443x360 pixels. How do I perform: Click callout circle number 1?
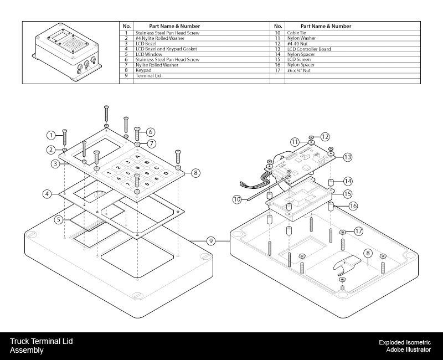51,135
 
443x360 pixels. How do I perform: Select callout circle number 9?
210,241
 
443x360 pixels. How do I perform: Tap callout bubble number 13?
348,157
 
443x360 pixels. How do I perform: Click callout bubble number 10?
237,198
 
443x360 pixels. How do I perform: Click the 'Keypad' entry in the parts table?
143,70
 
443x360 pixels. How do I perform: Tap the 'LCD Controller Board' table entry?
309,49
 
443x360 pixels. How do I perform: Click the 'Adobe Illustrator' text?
408,350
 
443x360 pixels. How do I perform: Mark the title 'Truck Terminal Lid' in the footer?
41,341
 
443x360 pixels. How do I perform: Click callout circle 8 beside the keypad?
195,173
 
